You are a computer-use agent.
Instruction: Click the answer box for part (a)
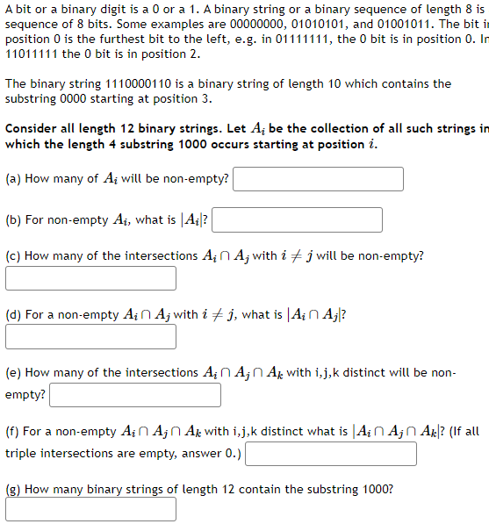pos(318,179)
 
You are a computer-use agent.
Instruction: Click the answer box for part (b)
pos(297,219)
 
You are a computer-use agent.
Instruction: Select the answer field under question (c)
pos(90,278)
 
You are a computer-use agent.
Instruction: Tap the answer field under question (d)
pos(90,336)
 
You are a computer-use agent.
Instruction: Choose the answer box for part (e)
pos(135,395)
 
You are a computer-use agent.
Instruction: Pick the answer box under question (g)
pos(90,509)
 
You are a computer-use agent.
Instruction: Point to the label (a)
pos(14,179)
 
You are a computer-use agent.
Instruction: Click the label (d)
pos(14,314)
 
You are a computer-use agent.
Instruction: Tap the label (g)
pos(14,490)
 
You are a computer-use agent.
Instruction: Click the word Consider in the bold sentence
pos(32,128)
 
